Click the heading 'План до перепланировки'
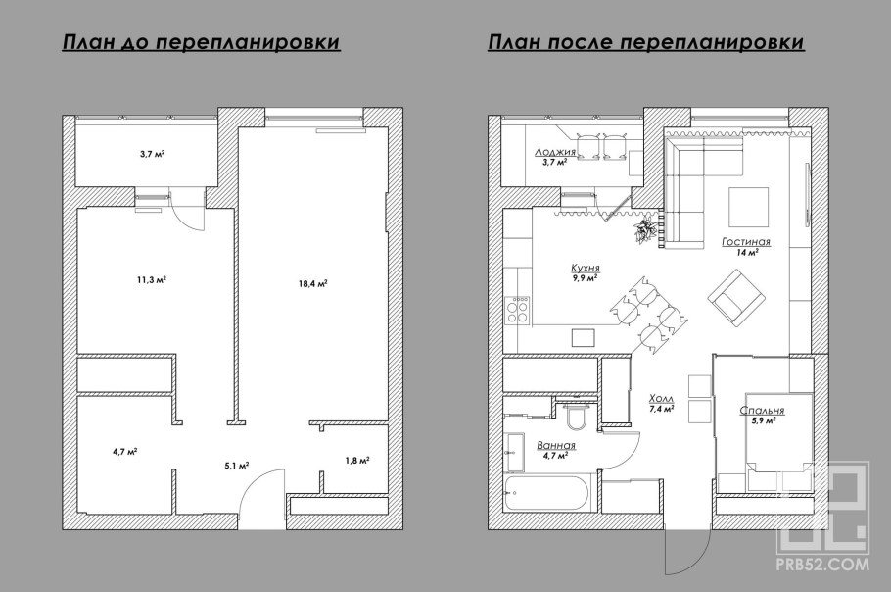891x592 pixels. point(201,43)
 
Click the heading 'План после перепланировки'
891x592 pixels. point(645,43)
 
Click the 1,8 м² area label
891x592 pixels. point(357,459)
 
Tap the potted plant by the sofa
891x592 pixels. point(643,230)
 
